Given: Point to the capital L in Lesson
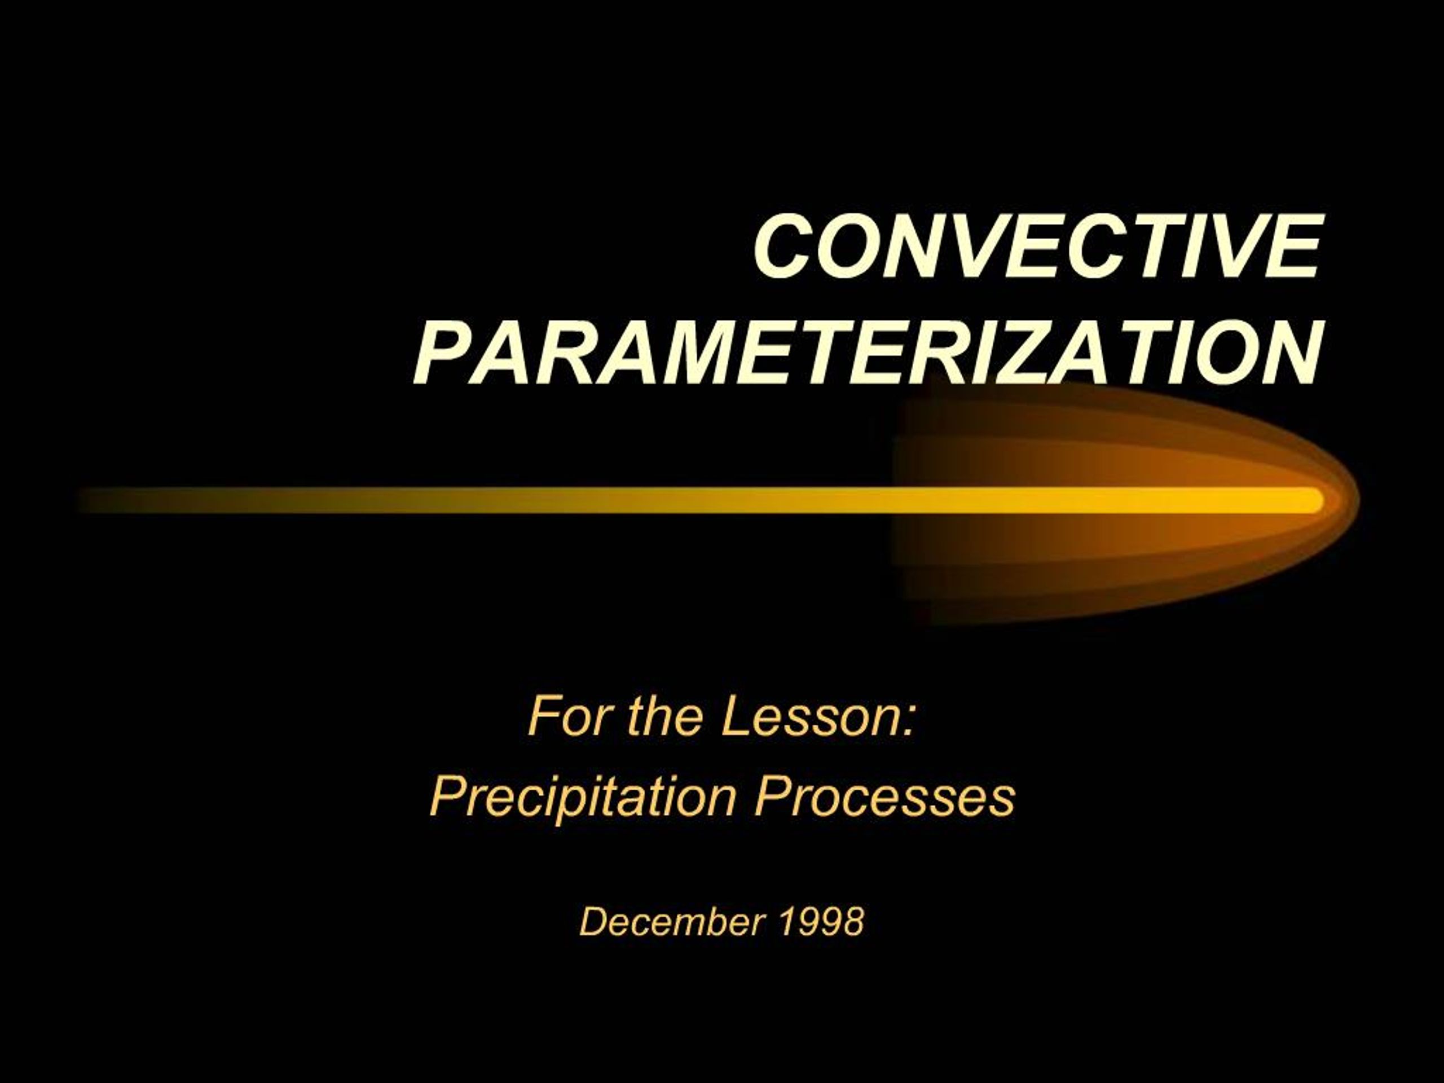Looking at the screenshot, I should (735, 716).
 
